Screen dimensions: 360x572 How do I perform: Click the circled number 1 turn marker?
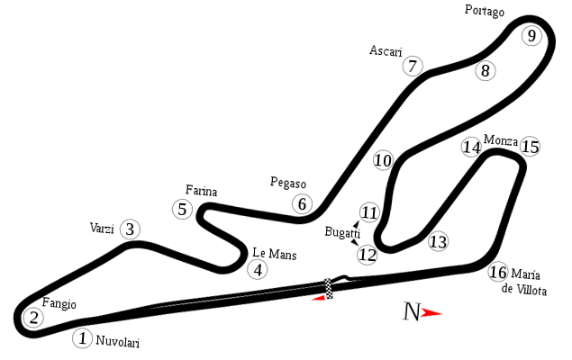(82, 338)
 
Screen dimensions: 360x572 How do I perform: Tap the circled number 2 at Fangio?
(32, 317)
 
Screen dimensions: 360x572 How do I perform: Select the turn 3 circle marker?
(130, 229)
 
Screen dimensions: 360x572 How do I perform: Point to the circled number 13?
(437, 241)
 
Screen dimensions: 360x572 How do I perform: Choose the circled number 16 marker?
(498, 271)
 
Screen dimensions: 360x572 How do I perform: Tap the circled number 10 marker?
(383, 160)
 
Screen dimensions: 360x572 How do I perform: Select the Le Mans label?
(275, 254)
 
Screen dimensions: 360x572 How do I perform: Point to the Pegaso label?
(288, 183)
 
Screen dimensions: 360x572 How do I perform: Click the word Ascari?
(386, 50)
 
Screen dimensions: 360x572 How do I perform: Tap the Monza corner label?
(499, 140)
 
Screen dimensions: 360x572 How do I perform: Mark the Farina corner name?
(201, 189)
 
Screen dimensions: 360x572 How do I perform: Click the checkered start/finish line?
(329, 285)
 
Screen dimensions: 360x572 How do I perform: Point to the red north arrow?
(434, 313)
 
